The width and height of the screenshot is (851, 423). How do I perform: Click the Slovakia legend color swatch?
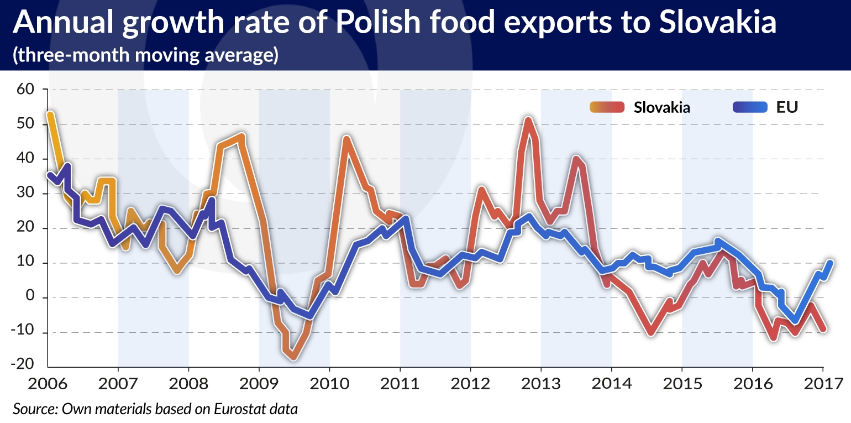click(x=607, y=107)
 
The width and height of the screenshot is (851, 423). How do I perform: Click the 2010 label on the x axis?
click(x=329, y=383)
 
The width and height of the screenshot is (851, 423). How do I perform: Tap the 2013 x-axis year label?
click(x=541, y=383)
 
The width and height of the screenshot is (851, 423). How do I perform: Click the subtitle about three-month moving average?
click(x=145, y=56)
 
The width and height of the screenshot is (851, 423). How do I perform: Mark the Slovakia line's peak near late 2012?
click(x=528, y=120)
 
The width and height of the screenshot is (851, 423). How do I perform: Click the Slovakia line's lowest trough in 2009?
click(x=293, y=357)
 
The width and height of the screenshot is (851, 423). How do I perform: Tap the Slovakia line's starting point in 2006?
click(x=50, y=115)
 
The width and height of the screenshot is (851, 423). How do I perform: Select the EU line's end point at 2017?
click(x=830, y=263)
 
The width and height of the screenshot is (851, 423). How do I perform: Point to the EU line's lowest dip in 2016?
click(x=795, y=320)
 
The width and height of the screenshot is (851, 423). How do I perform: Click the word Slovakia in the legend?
click(x=662, y=107)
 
